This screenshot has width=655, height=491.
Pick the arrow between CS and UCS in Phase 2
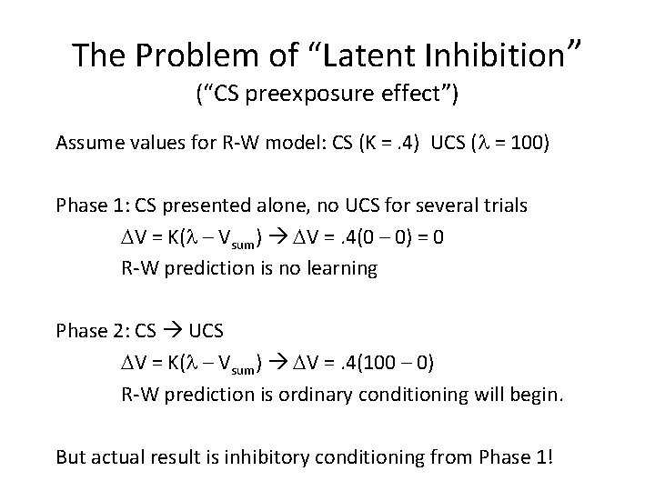tap(173, 331)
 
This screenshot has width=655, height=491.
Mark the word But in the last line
tap(71, 456)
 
